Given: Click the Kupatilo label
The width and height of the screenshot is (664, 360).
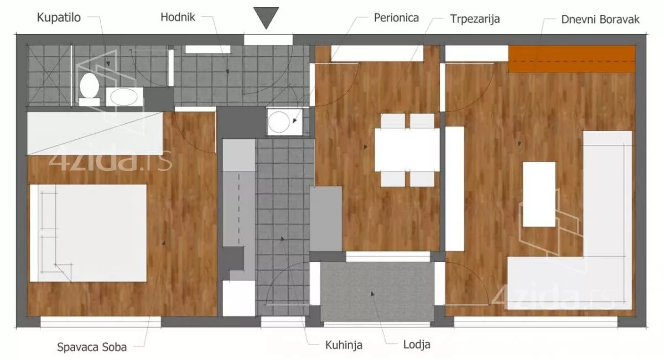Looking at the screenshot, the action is [x=59, y=18].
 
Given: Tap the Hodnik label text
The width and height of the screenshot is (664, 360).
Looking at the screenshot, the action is [x=178, y=17].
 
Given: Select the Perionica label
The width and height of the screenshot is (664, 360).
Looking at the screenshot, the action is [x=396, y=18].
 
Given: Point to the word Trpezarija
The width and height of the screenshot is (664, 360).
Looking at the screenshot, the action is [x=475, y=19].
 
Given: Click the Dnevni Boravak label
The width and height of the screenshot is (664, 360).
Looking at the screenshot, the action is [x=600, y=19].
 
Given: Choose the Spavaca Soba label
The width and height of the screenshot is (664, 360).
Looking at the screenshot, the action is [x=92, y=347].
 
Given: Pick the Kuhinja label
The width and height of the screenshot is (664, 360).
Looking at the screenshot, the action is [x=344, y=345].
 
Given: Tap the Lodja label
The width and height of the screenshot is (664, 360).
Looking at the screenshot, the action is [x=417, y=345].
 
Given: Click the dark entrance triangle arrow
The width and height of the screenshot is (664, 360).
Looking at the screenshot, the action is [x=266, y=18].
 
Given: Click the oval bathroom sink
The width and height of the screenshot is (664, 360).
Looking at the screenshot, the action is [x=124, y=97].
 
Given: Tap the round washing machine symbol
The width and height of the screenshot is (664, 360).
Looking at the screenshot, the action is [x=279, y=122].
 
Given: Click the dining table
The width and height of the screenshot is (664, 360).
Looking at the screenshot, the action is [x=407, y=150].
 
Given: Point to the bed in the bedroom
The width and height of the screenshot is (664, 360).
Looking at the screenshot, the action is [x=88, y=233].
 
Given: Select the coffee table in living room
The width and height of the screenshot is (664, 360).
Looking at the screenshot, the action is [x=539, y=194].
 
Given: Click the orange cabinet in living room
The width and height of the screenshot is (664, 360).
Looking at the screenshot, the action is [x=572, y=59].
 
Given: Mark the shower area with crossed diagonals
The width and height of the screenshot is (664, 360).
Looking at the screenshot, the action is [x=49, y=75].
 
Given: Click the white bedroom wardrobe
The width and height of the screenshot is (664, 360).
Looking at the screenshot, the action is [x=95, y=133].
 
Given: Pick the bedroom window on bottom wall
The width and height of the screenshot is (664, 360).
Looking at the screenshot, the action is [x=101, y=322].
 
